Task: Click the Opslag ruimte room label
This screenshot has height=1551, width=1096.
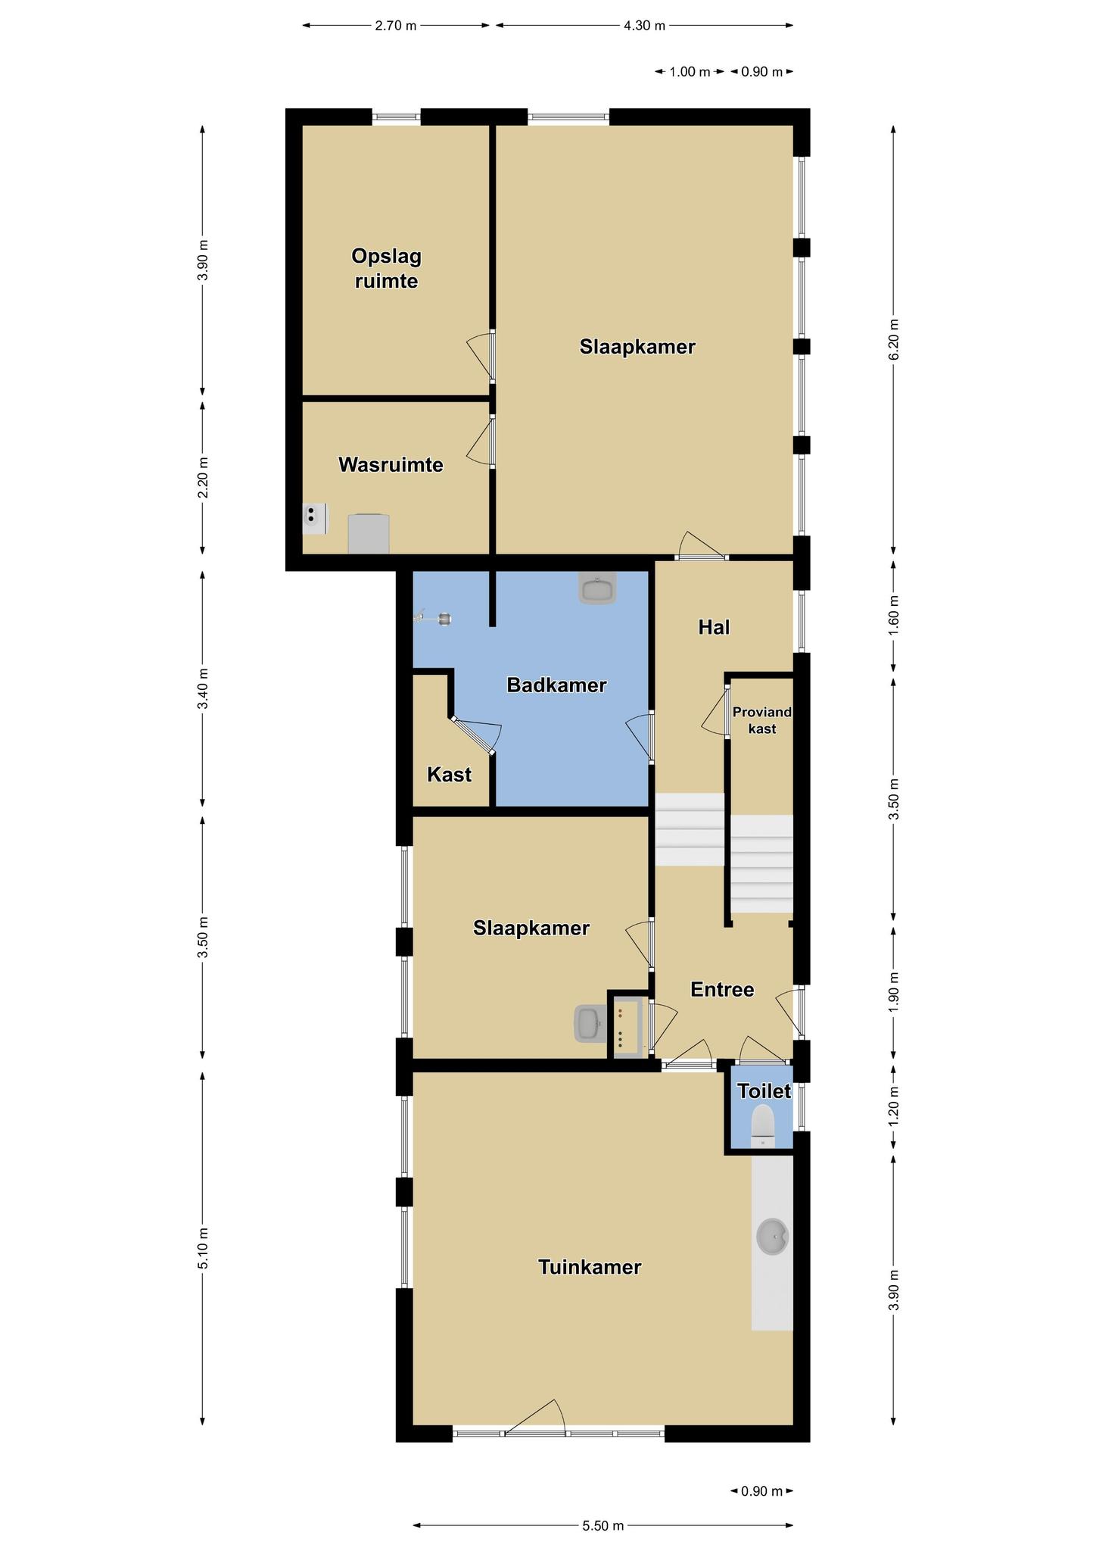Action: pyautogui.click(x=386, y=268)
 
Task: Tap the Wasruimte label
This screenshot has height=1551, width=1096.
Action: pyautogui.click(x=391, y=464)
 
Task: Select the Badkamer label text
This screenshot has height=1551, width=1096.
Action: pyautogui.click(x=556, y=685)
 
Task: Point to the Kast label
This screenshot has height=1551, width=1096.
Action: pyautogui.click(x=449, y=774)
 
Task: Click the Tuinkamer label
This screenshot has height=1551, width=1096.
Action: pyautogui.click(x=590, y=1267)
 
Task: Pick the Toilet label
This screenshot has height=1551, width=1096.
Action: pyautogui.click(x=764, y=1091)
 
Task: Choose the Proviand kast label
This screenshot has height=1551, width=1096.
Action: pyautogui.click(x=762, y=720)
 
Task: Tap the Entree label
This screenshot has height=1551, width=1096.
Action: pyautogui.click(x=722, y=989)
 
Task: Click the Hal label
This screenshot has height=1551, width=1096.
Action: pyautogui.click(x=714, y=627)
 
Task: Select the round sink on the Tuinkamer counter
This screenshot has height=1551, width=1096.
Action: pyautogui.click(x=773, y=1237)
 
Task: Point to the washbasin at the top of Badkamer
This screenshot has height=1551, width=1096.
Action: pyautogui.click(x=597, y=588)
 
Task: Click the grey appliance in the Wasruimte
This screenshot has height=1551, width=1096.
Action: pyautogui.click(x=369, y=534)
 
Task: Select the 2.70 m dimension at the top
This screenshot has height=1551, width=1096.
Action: pyautogui.click(x=396, y=26)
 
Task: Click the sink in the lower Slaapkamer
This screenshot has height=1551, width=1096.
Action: pyautogui.click(x=590, y=1023)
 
